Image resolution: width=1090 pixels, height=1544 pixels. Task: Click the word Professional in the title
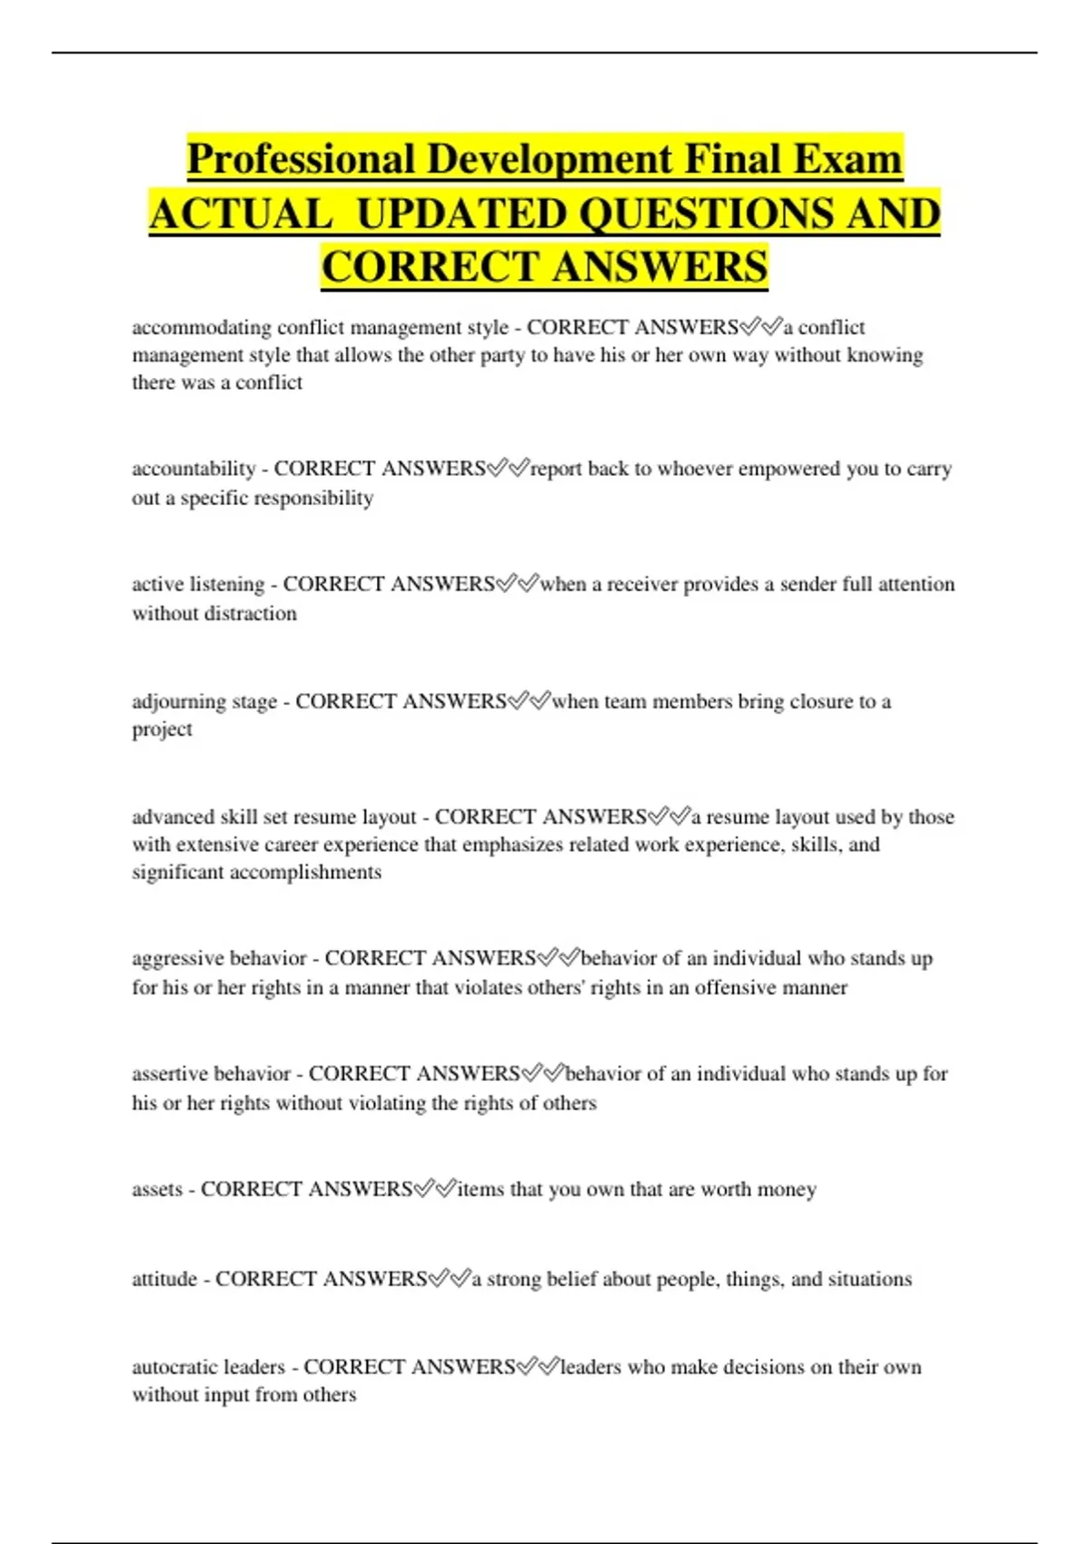[301, 159]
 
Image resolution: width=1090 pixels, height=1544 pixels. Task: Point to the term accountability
[193, 469]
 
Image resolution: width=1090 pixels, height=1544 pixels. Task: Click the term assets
[156, 1189]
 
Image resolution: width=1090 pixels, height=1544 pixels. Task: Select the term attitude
[164, 1279]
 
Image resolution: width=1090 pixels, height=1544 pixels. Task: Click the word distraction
[249, 614]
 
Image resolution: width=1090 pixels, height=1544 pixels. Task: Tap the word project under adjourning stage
[162, 729]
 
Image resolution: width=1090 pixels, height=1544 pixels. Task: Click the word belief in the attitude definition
[561, 1279]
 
